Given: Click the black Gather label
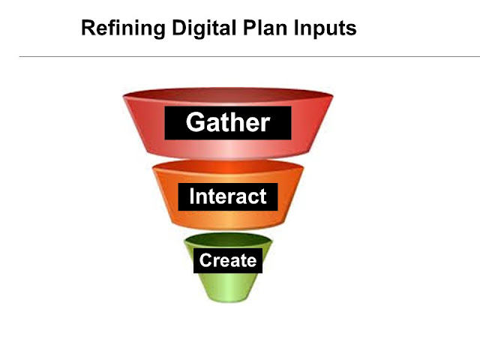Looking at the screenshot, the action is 227,122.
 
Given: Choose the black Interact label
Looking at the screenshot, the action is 227,196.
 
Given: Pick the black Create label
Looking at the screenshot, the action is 227,261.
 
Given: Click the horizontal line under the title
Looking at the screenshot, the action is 240,56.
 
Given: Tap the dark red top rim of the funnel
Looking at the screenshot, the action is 227,95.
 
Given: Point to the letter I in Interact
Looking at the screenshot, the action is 192,196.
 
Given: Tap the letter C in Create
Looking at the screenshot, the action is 204,261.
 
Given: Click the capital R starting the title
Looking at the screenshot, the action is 87,29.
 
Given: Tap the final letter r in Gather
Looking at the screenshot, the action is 264,124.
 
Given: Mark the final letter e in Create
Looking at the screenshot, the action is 251,262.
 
